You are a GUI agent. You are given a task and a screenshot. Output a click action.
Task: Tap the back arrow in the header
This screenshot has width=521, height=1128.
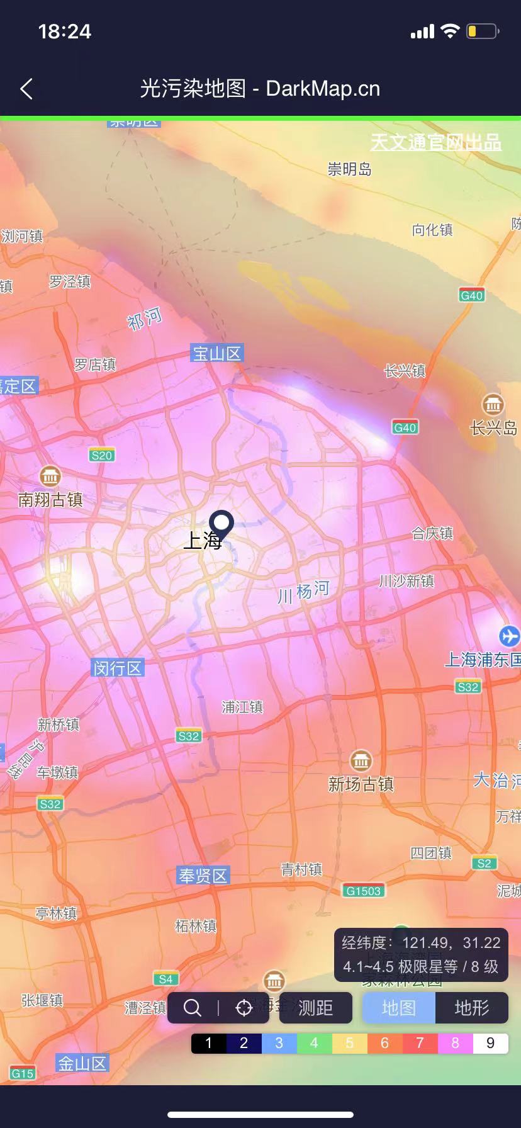pyautogui.click(x=26, y=89)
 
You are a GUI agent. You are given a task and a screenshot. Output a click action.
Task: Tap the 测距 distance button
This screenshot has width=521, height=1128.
pyautogui.click(x=315, y=1007)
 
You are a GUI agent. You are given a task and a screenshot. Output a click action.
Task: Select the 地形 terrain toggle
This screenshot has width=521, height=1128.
pyautogui.click(x=472, y=1007)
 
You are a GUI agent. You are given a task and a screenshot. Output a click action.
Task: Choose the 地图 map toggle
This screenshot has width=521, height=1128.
pyautogui.click(x=399, y=1007)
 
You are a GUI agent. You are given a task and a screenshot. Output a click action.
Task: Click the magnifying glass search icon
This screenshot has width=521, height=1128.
pyautogui.click(x=193, y=1008)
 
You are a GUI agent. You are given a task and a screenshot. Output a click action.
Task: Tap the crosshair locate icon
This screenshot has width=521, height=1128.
pyautogui.click(x=244, y=1008)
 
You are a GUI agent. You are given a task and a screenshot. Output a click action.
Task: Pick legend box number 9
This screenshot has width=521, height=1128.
pyautogui.click(x=491, y=1043)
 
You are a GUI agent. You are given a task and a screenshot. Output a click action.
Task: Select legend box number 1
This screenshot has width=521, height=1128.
pyautogui.click(x=209, y=1043)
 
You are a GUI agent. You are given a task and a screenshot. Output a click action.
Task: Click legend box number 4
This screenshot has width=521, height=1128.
pyautogui.click(x=315, y=1043)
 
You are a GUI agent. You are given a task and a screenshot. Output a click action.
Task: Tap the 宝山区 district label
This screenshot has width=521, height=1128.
pyautogui.click(x=216, y=353)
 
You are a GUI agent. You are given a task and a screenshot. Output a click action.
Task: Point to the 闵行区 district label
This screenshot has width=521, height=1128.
pyautogui.click(x=118, y=668)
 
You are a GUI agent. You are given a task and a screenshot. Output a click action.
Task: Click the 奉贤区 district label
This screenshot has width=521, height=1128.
pyautogui.click(x=203, y=875)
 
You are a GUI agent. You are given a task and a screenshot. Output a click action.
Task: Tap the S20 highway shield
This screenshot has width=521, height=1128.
pyautogui.click(x=102, y=455)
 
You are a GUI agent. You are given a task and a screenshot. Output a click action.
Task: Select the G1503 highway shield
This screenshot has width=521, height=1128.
pyautogui.click(x=364, y=891)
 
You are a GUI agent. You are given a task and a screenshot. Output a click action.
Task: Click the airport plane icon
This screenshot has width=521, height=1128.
pyautogui.click(x=509, y=636)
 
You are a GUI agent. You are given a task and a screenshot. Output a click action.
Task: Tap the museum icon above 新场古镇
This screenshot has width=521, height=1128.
pyautogui.click(x=361, y=760)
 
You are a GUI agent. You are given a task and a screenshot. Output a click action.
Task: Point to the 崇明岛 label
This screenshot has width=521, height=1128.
pyautogui.click(x=350, y=169)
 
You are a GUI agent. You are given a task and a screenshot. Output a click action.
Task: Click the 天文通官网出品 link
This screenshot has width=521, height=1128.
pyautogui.click(x=435, y=142)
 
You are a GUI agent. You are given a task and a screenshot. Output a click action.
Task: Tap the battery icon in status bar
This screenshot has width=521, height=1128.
pyautogui.click(x=482, y=31)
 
